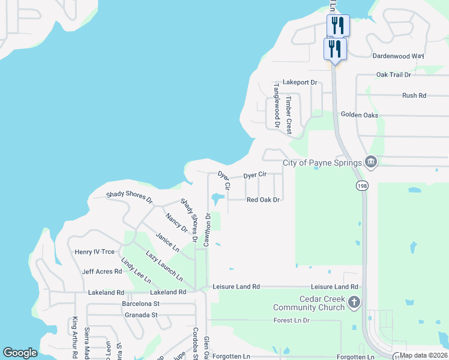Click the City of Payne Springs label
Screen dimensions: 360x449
click(322, 163)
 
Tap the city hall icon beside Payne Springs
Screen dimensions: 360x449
click(371, 162)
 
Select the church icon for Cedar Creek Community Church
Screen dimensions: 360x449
click(354, 302)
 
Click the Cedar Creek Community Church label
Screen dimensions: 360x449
click(310, 304)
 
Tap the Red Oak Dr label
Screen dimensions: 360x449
click(264, 200)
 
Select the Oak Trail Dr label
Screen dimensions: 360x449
click(393, 75)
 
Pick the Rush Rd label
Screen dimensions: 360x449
click(414, 95)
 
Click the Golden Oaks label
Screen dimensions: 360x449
click(360, 115)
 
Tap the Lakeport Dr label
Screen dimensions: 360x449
click(299, 82)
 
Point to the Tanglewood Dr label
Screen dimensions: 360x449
click(277, 106)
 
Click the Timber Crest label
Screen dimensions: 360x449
click(288, 114)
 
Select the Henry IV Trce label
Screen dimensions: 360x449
click(94, 252)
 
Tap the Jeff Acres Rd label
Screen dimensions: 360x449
click(102, 272)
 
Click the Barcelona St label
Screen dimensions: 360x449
click(139, 304)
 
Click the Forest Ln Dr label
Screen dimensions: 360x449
click(291, 320)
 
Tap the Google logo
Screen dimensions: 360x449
click(20, 353)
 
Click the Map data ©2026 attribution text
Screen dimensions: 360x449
click(423, 355)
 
